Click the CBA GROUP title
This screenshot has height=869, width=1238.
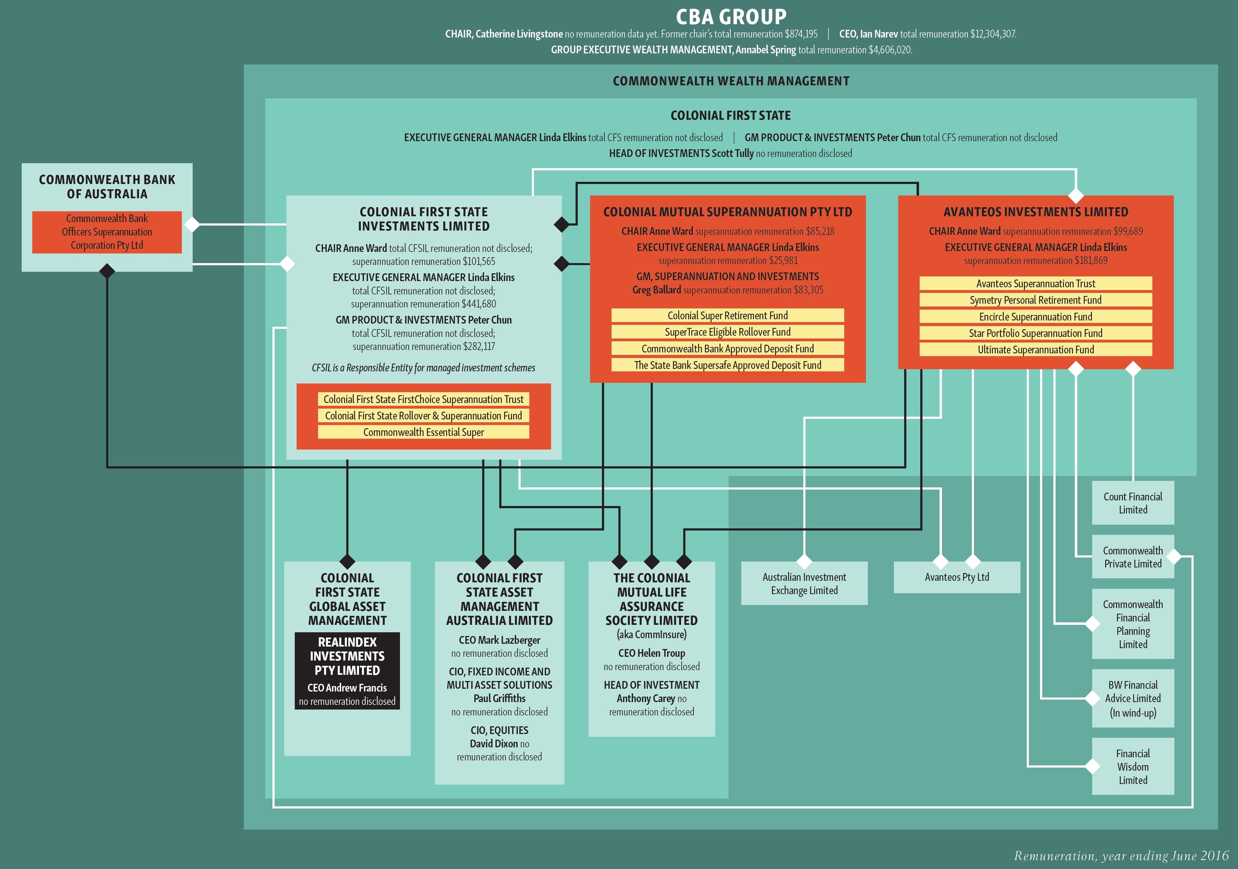click(x=731, y=17)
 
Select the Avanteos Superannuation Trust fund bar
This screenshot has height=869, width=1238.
click(x=1035, y=284)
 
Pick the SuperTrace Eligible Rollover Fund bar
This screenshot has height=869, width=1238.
click(x=727, y=332)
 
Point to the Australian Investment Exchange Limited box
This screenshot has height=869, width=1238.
click(x=804, y=584)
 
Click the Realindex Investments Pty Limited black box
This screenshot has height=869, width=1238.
click(x=347, y=671)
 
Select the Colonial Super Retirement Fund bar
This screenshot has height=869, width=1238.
click(x=727, y=315)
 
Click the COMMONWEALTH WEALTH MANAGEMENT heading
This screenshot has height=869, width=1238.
click(x=731, y=81)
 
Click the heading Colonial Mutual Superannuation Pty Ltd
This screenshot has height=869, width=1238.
click(x=727, y=212)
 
